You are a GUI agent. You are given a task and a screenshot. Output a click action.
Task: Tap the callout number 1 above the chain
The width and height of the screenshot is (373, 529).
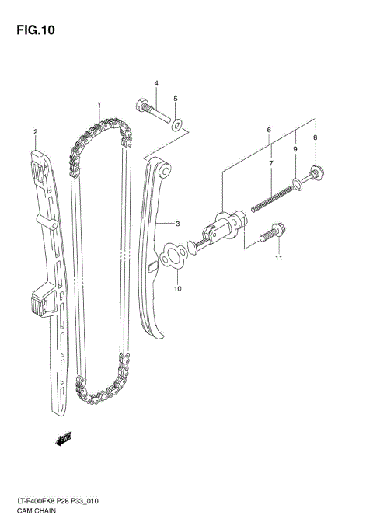99,104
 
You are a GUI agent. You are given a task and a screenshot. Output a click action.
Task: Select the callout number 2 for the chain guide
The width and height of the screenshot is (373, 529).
35,133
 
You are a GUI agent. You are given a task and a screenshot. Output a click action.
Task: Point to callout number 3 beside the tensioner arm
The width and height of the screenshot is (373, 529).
155,83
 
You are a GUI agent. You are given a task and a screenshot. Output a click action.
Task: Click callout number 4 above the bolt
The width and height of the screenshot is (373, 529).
175,99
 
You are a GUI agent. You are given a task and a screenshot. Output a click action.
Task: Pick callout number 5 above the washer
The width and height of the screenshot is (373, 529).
269,129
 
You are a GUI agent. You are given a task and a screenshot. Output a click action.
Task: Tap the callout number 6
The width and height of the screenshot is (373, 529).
270,164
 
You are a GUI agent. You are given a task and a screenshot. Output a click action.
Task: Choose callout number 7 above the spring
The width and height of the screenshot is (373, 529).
315,137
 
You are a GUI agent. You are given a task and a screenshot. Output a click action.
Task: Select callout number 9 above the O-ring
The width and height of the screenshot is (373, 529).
177,289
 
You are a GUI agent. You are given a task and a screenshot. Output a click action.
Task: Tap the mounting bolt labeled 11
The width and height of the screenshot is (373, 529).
63,440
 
